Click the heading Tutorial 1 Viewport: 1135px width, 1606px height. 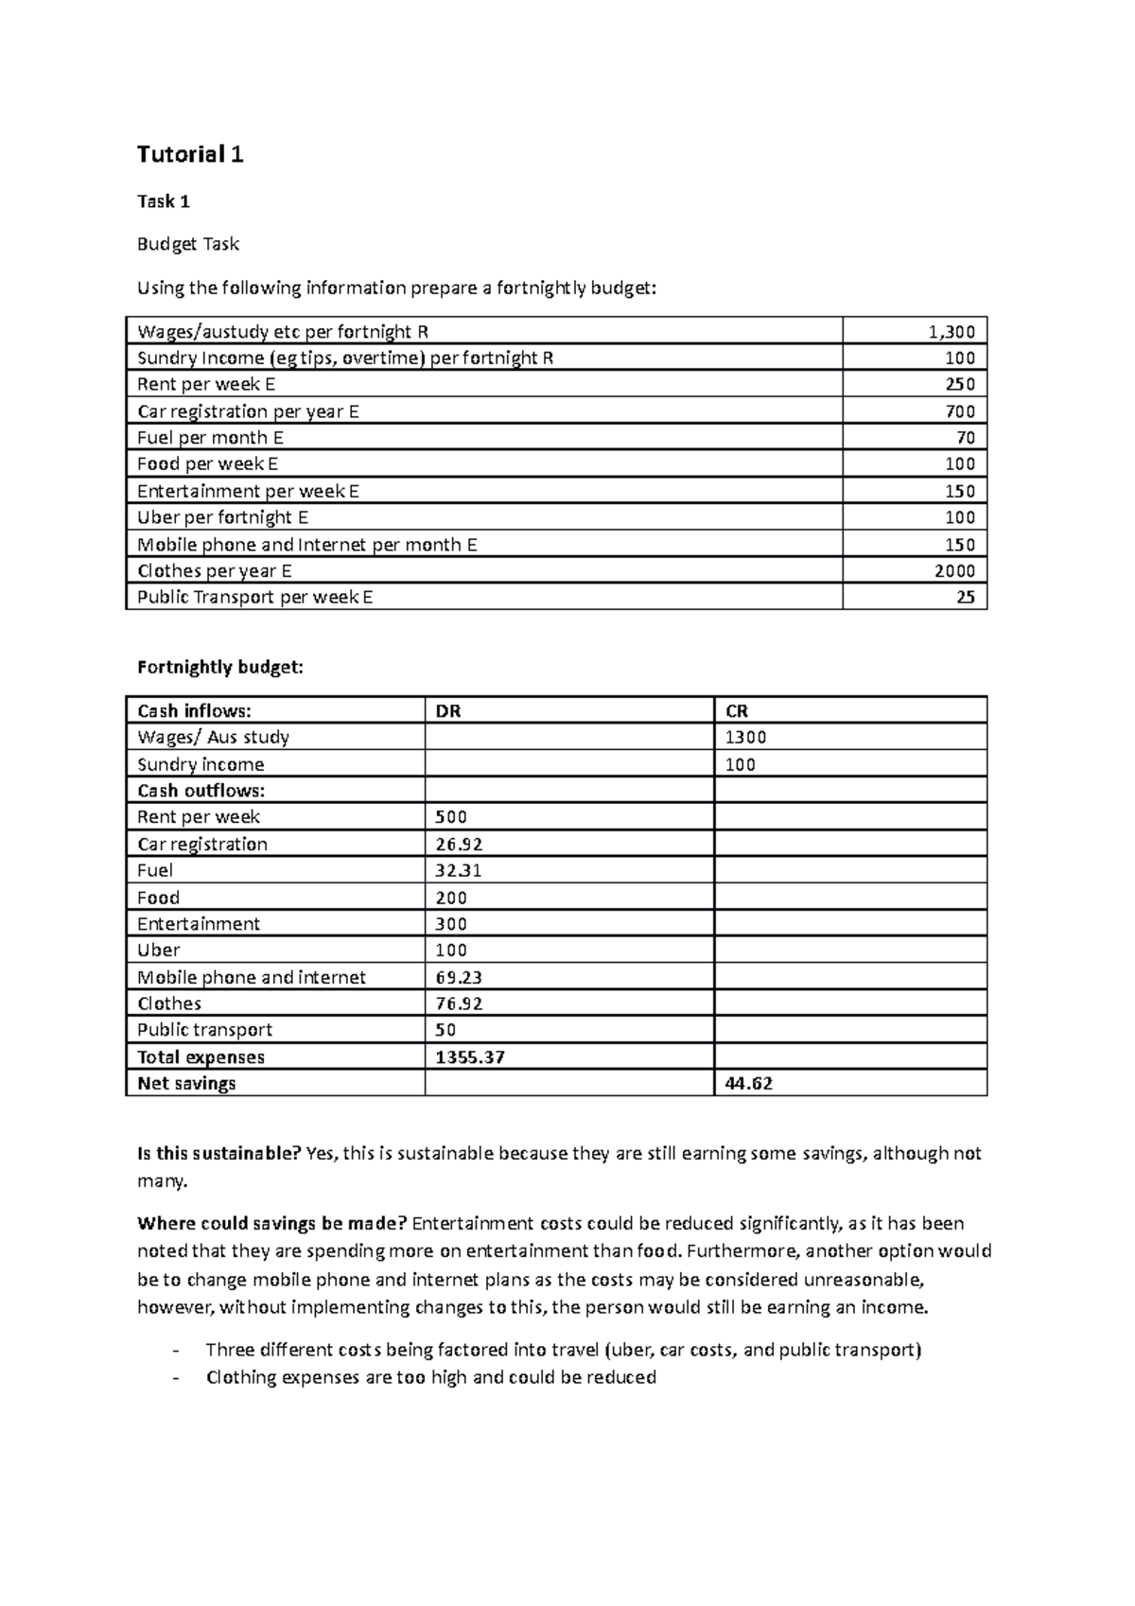(x=190, y=154)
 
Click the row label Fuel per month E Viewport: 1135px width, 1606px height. (x=210, y=437)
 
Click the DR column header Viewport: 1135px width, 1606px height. (x=447, y=711)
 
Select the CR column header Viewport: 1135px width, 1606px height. (x=737, y=711)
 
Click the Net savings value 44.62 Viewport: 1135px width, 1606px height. (x=748, y=1083)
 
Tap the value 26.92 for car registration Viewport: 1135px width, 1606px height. (x=459, y=844)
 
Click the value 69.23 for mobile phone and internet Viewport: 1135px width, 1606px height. (x=459, y=977)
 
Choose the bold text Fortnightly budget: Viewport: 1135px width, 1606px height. (x=220, y=667)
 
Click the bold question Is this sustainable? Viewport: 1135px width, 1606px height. (x=218, y=1153)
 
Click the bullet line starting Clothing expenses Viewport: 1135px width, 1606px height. (x=430, y=1377)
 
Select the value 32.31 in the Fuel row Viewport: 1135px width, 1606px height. (x=458, y=870)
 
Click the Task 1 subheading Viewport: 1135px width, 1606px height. (x=164, y=201)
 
